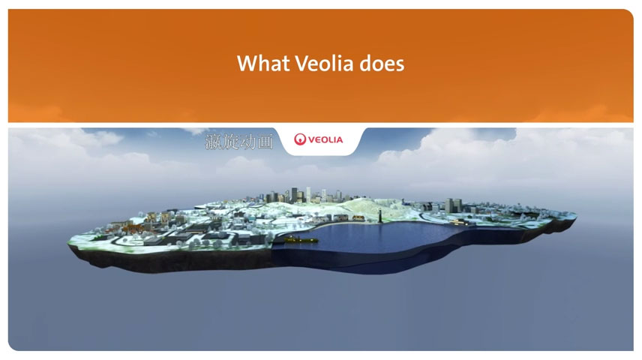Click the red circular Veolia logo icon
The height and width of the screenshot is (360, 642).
point(300,139)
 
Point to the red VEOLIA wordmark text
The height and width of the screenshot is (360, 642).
point(325,140)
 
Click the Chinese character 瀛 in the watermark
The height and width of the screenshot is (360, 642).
point(213,142)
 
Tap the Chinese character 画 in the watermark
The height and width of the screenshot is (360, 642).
point(265,142)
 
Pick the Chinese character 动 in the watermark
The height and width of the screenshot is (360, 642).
point(247,142)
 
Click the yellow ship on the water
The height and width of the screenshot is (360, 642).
point(301,239)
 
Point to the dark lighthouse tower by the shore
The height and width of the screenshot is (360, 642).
point(380,216)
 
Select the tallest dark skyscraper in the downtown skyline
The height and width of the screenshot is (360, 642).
point(295,195)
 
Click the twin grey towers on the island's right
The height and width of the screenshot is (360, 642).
point(454,205)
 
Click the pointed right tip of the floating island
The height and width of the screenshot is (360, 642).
point(575,215)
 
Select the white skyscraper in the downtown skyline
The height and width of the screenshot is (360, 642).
point(309,194)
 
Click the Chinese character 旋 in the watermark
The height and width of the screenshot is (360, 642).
point(230,142)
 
